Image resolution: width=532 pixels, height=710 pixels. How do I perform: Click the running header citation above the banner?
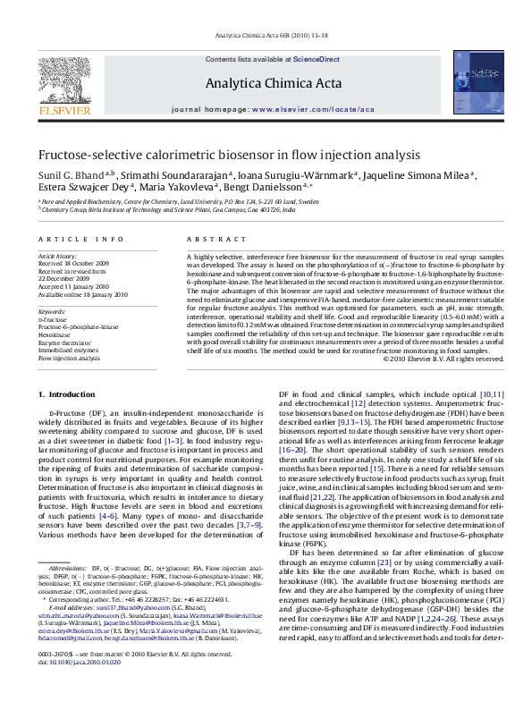pyautogui.click(x=266, y=38)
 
